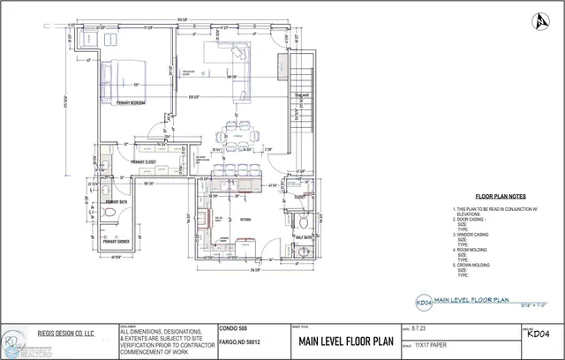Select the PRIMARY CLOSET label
click(x=143, y=162)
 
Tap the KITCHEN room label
click(x=246, y=219)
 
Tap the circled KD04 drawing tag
click(x=423, y=301)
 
